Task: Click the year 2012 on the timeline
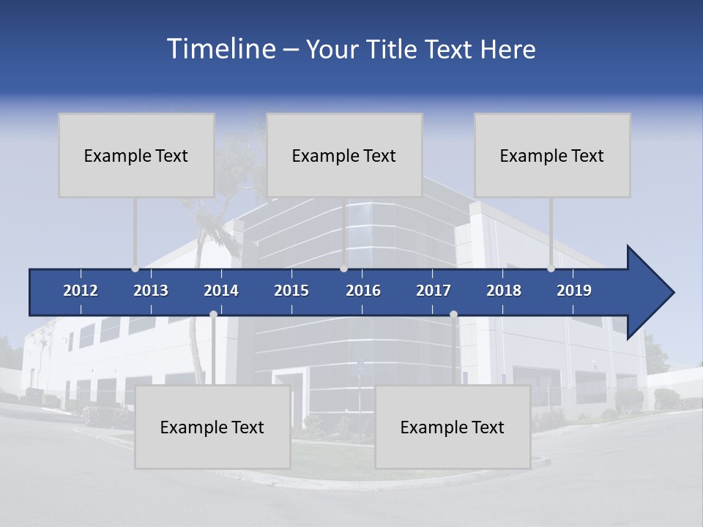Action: (81, 291)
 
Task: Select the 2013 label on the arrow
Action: (151, 291)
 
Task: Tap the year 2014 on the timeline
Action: (221, 291)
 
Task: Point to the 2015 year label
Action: (291, 291)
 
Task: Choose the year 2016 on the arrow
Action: (363, 291)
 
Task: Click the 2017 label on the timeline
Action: (434, 291)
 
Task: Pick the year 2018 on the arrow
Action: (504, 291)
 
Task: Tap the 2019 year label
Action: (574, 291)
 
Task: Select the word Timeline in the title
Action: (220, 49)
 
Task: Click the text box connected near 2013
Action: (136, 155)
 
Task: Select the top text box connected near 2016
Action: (344, 155)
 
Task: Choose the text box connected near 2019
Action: (552, 155)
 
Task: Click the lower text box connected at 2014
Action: (212, 427)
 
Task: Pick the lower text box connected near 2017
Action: (453, 427)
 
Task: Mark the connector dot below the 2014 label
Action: (213, 314)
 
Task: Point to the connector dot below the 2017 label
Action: (453, 314)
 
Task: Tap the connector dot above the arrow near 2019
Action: (551, 269)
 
